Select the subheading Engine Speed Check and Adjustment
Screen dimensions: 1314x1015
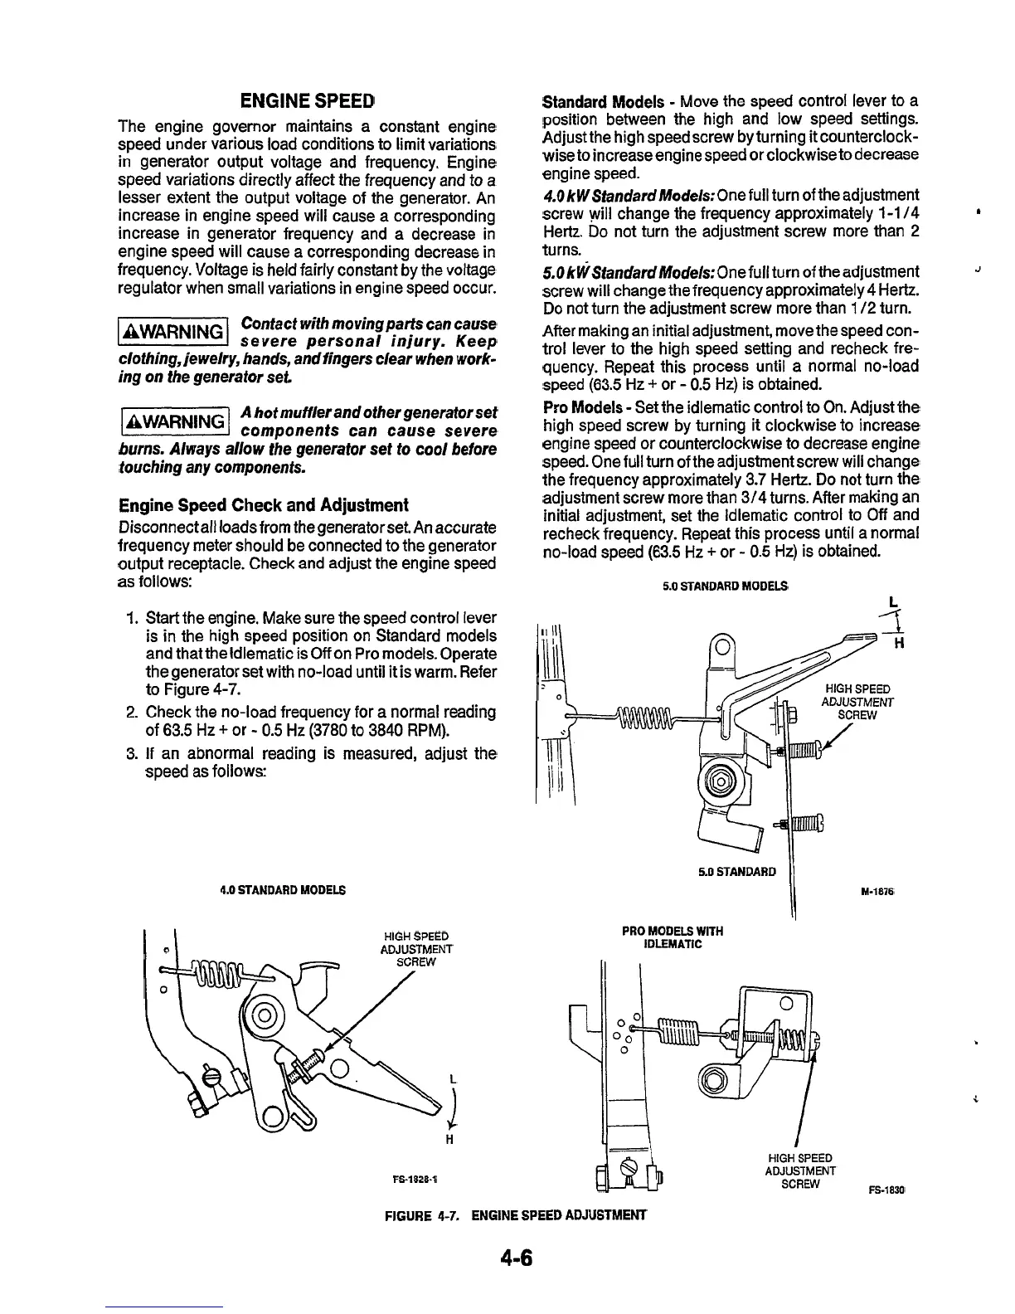point(264,505)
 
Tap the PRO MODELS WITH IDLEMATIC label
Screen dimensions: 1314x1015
point(672,937)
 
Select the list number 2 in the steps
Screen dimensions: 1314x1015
point(131,713)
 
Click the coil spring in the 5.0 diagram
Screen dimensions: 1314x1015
point(643,713)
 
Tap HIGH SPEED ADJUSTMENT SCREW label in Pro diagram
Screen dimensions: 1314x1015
point(799,1170)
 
